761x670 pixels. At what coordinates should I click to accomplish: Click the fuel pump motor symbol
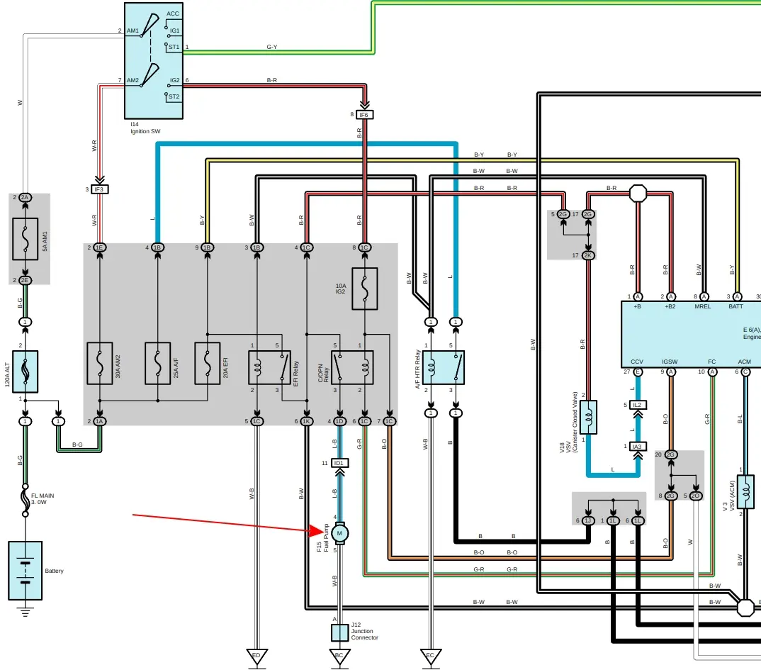tap(339, 533)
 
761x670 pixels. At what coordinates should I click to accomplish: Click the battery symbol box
tap(25, 571)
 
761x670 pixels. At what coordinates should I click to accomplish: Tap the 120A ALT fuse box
tap(25, 372)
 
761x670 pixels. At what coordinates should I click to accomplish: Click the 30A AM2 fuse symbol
tap(99, 363)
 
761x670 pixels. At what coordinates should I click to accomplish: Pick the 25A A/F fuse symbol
tap(157, 363)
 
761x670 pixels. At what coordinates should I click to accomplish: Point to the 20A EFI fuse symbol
tap(207, 363)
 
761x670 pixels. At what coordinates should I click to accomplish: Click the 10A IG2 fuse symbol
tap(364, 289)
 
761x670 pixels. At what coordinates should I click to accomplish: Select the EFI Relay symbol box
tap(269, 367)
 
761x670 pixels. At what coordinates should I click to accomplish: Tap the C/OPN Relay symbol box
tap(352, 367)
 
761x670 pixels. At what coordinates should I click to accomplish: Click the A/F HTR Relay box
tap(443, 367)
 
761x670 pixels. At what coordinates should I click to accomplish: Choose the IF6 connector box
tap(364, 115)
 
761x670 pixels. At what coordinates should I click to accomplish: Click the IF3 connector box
tap(99, 189)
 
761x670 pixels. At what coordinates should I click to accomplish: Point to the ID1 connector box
tap(339, 463)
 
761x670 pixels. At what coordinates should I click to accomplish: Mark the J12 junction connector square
tap(339, 632)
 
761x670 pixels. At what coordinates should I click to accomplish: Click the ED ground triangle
tap(257, 656)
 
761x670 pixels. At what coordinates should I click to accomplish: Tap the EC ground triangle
tap(429, 656)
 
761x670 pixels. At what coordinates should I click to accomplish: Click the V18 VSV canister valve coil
tap(588, 417)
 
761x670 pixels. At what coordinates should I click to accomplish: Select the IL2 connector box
tap(637, 405)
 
